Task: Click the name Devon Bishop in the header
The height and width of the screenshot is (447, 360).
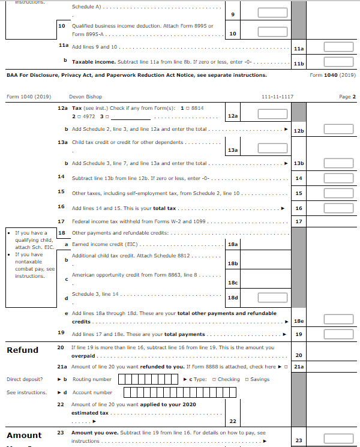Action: (85, 97)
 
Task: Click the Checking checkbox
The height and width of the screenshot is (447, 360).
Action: (214, 379)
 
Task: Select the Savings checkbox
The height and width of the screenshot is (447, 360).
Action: (247, 379)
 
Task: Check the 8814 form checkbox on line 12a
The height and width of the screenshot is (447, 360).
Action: (188, 108)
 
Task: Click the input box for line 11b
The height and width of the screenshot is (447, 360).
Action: (338, 62)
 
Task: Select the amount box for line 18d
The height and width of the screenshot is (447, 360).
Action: (272, 298)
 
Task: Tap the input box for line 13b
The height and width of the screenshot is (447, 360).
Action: (338, 163)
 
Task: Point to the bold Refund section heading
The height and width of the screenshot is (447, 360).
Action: (22, 350)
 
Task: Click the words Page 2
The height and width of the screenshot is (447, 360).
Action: (347, 97)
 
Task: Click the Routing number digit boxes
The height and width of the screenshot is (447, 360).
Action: (148, 379)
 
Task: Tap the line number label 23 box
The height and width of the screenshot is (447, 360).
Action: (299, 440)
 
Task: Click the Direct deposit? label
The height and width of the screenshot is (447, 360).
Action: (25, 379)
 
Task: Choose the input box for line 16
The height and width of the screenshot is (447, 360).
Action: (338, 208)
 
